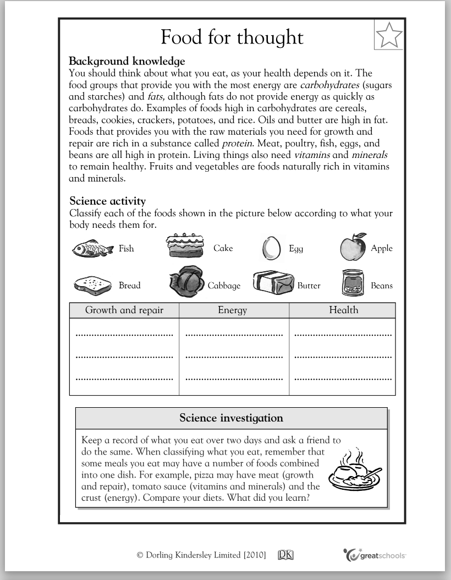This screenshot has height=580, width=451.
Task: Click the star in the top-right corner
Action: [x=389, y=35]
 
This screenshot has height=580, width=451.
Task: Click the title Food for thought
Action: [x=232, y=37]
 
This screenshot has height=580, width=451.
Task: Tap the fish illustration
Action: [x=92, y=249]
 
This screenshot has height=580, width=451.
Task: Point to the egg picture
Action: [x=271, y=248]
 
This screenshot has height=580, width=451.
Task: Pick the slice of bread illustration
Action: [x=92, y=284]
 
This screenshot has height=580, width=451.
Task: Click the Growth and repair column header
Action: [x=124, y=310]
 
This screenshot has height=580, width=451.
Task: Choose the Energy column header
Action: [x=233, y=310]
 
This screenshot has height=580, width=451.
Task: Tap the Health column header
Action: [x=343, y=310]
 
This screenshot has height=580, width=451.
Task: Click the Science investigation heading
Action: [x=231, y=418]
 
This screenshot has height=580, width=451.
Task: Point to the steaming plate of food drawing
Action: [x=354, y=471]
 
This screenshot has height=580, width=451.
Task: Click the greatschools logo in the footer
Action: [x=375, y=555]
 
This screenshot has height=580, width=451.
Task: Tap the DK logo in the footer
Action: [x=286, y=555]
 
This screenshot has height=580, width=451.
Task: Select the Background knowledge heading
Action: [x=127, y=61]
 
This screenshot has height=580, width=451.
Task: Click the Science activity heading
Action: [x=107, y=201]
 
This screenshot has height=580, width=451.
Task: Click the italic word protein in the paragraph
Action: [x=237, y=144]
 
